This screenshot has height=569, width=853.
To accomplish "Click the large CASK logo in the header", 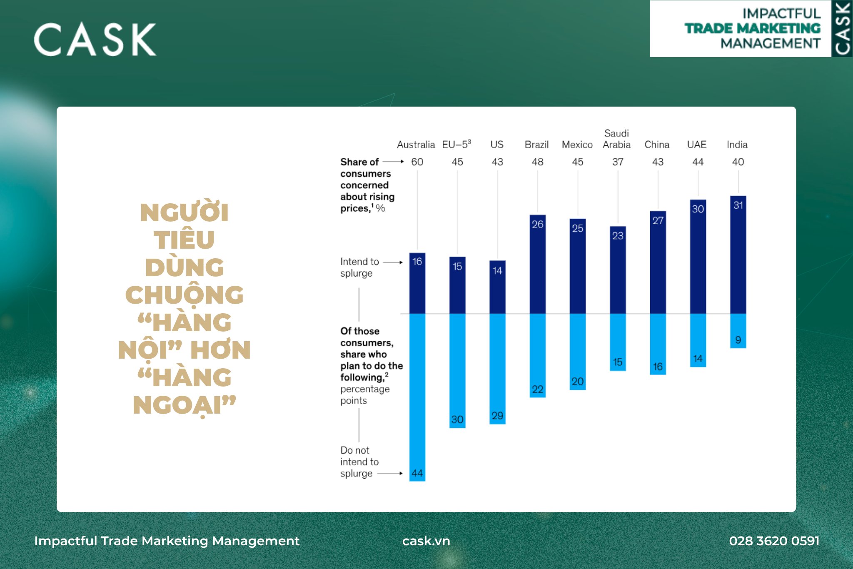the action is coord(95,40).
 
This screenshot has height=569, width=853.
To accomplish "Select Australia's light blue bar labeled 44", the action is coord(417,397).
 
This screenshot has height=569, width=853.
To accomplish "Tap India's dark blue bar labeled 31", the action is coord(738,255).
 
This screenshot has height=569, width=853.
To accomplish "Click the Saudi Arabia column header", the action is coord(617,139).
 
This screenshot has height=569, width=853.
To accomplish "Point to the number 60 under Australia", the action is coord(417,162).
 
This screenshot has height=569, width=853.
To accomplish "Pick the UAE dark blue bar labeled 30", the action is coord(698,257).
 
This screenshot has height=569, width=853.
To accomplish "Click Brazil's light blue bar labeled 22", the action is coord(538,355).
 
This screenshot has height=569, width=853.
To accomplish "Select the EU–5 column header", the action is coord(456,144).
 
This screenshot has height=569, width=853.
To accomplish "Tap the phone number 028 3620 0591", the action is coord(774,541).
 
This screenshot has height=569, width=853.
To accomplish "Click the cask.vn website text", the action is coord(426,541).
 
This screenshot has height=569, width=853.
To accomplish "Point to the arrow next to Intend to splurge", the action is coord(393,262).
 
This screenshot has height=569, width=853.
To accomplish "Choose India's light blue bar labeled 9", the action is coord(738,331).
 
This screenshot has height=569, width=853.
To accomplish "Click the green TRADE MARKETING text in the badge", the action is coord(752,28).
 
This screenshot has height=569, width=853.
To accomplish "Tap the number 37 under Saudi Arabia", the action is coord(618,162).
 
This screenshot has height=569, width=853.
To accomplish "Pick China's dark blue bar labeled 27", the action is coord(658,262).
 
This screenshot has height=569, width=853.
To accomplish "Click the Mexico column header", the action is coord(577,145).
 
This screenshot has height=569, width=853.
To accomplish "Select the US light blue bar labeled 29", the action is coord(497,369).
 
